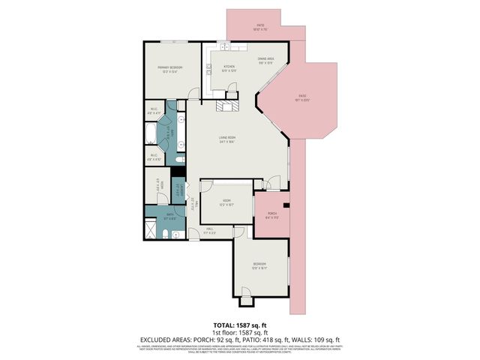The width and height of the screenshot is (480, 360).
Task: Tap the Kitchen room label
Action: click(x=229, y=67)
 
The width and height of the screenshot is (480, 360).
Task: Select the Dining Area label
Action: click(x=266, y=60)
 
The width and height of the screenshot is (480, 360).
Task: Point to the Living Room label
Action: click(x=228, y=139)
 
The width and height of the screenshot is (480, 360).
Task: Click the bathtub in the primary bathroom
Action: click(x=151, y=136)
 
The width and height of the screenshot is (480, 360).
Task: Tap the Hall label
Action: click(x=211, y=231)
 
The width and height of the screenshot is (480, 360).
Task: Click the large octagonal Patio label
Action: click(x=302, y=97)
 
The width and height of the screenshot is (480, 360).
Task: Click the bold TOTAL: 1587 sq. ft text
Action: click(x=239, y=325)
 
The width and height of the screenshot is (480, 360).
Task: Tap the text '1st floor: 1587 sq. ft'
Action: click(x=239, y=331)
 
